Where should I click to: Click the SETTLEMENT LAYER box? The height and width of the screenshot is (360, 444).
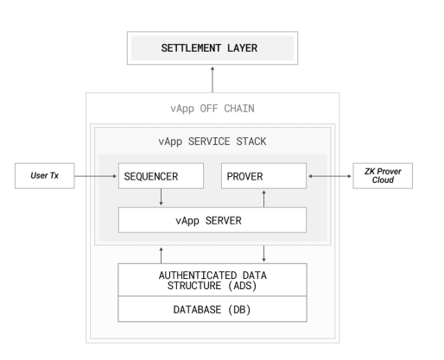[x=212, y=48]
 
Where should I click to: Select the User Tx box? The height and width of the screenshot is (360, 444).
[x=45, y=176]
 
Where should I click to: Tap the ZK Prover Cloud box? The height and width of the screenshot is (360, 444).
[x=383, y=176]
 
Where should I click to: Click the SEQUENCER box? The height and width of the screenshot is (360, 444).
[x=161, y=176]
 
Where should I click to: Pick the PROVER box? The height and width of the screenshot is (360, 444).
[x=263, y=176]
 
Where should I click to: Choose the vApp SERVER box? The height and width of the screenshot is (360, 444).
[x=212, y=220]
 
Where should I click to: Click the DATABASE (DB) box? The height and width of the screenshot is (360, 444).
[x=212, y=309]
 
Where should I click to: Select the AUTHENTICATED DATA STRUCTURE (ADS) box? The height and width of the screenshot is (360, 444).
[x=212, y=280]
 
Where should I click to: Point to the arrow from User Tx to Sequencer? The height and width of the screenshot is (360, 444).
[x=96, y=176]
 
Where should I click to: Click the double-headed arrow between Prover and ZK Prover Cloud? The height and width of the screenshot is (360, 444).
[x=330, y=176]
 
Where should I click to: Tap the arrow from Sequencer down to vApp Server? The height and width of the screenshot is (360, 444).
[x=161, y=197]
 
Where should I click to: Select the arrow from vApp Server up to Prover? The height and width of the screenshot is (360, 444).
[x=263, y=199]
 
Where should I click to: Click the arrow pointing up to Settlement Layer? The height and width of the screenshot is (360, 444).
[x=212, y=79]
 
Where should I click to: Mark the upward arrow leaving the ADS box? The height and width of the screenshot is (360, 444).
[x=161, y=256]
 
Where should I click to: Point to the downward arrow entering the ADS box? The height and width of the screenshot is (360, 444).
[x=263, y=254]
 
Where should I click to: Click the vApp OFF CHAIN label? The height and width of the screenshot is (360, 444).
[x=212, y=109]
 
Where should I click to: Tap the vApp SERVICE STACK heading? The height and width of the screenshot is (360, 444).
[x=212, y=142]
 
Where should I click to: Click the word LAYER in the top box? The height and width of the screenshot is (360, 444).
[x=243, y=48]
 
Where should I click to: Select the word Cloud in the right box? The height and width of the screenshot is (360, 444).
[x=383, y=180]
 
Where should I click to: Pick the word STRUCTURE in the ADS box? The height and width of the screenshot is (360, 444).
[x=194, y=286]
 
